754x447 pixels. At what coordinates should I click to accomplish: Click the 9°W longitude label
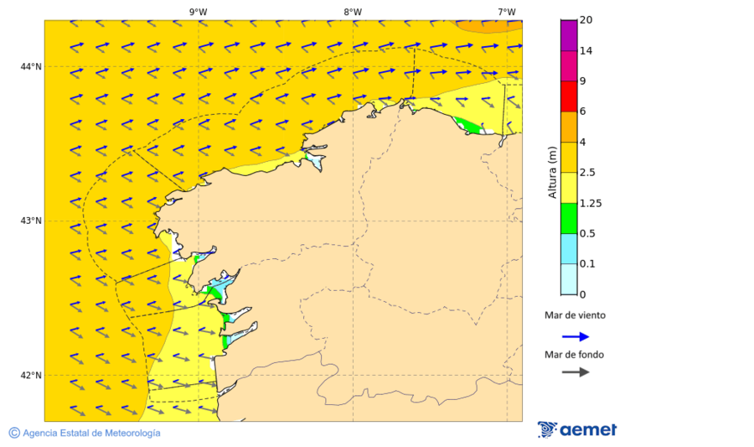click(198, 12)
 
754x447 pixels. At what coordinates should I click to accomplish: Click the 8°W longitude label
click(353, 12)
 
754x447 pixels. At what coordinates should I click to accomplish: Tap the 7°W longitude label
click(506, 12)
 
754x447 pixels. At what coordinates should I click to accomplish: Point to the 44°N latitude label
click(32, 66)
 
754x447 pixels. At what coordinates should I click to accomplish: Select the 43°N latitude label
click(32, 221)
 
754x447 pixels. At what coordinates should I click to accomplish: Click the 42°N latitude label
click(32, 375)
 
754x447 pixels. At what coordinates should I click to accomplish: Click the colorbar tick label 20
click(586, 20)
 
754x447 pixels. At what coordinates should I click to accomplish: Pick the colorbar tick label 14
click(586, 50)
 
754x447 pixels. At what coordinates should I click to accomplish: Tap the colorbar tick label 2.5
click(588, 173)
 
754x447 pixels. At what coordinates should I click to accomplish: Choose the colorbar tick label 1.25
click(591, 203)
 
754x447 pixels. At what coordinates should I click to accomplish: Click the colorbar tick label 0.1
click(588, 264)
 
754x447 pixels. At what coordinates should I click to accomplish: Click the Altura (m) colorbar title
click(552, 172)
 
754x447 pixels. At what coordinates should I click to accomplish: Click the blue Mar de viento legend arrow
click(575, 336)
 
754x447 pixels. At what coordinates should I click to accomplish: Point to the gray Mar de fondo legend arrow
click(575, 372)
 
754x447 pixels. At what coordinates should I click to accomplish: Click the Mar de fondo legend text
click(574, 354)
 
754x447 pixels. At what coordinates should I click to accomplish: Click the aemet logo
click(577, 429)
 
